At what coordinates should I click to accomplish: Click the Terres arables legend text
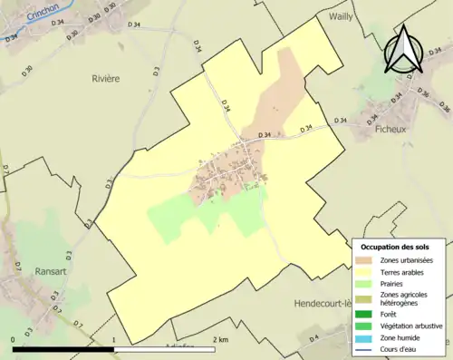(406, 272)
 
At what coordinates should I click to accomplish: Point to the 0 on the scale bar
(13, 339)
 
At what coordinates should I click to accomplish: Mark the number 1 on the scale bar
(114, 339)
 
